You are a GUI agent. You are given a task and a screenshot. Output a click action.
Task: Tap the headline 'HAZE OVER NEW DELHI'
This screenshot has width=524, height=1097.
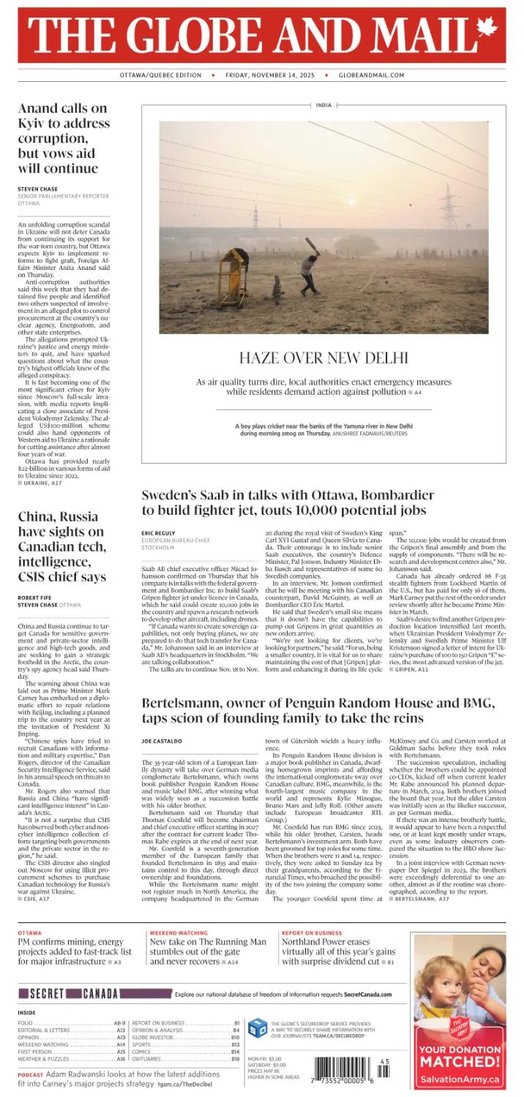(x=323, y=358)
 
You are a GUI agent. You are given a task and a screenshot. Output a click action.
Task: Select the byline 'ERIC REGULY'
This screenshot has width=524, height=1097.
(x=158, y=533)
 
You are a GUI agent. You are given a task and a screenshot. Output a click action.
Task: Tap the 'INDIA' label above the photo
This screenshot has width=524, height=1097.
(x=323, y=105)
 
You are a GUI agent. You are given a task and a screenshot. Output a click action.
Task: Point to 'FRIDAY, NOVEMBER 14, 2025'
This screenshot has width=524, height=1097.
(x=274, y=75)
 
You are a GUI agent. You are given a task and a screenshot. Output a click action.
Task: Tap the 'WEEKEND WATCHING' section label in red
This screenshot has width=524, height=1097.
(x=178, y=933)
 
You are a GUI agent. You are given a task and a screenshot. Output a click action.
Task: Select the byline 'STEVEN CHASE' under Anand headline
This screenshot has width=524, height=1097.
(x=37, y=189)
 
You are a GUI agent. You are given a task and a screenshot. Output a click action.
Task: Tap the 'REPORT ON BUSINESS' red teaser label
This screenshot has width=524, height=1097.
(x=312, y=933)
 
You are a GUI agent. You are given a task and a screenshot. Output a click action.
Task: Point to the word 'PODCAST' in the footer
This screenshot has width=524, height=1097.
(x=31, y=1074)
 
